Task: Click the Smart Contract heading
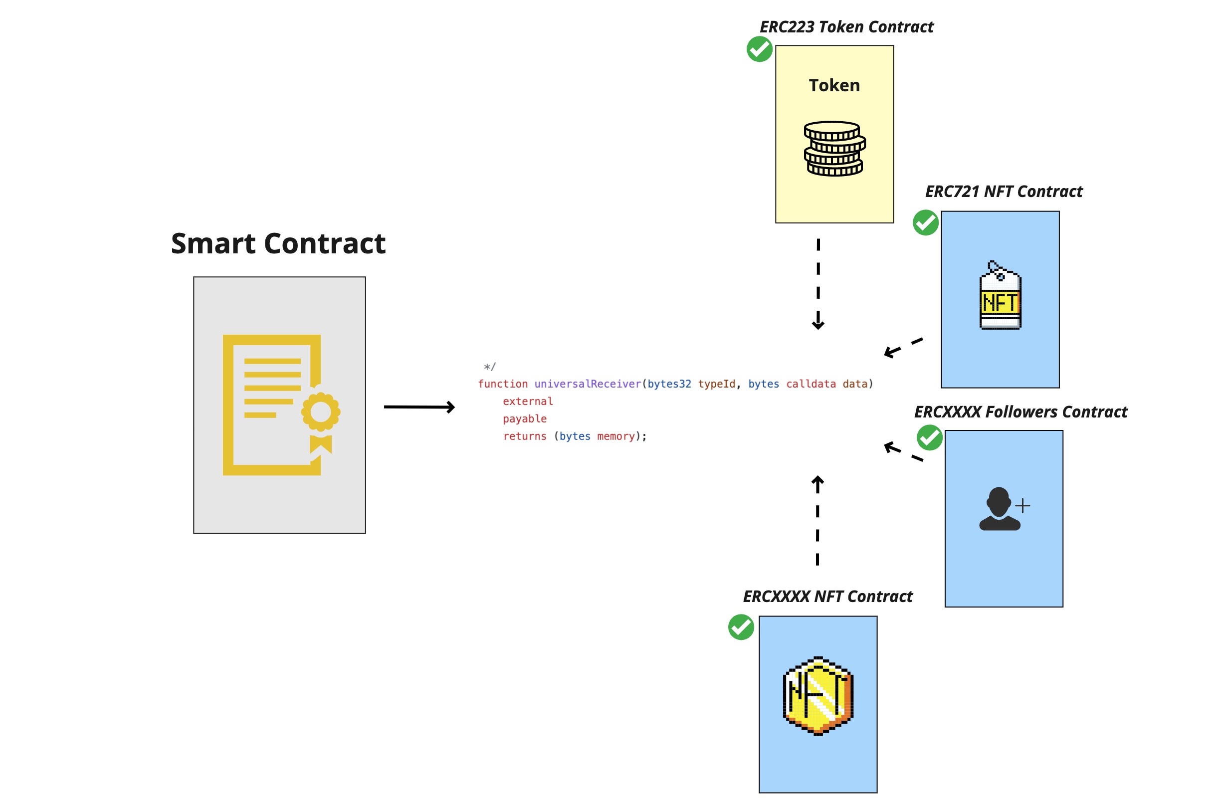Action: pyautogui.click(x=278, y=244)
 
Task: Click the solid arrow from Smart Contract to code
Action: pyautogui.click(x=419, y=407)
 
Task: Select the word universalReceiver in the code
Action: pyautogui.click(x=587, y=384)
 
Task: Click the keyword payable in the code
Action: pyautogui.click(x=525, y=418)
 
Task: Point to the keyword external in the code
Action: pyautogui.click(x=528, y=402)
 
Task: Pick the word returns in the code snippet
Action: pyautogui.click(x=525, y=436)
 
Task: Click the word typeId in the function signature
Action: pyautogui.click(x=716, y=384)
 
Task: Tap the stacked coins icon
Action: pyautogui.click(x=834, y=149)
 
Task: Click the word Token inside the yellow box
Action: pyautogui.click(x=834, y=85)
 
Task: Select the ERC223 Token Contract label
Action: pyautogui.click(x=846, y=27)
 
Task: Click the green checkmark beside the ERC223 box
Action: pyautogui.click(x=759, y=50)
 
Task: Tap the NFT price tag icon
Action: pyautogui.click(x=1000, y=295)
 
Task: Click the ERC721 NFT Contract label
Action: pyautogui.click(x=1003, y=192)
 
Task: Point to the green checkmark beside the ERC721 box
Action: pyautogui.click(x=925, y=222)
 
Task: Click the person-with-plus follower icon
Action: pyautogui.click(x=1003, y=509)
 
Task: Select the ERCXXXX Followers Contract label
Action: pyautogui.click(x=1020, y=411)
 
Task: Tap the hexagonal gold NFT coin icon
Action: pyautogui.click(x=817, y=695)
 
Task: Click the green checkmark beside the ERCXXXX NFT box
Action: pyautogui.click(x=740, y=627)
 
